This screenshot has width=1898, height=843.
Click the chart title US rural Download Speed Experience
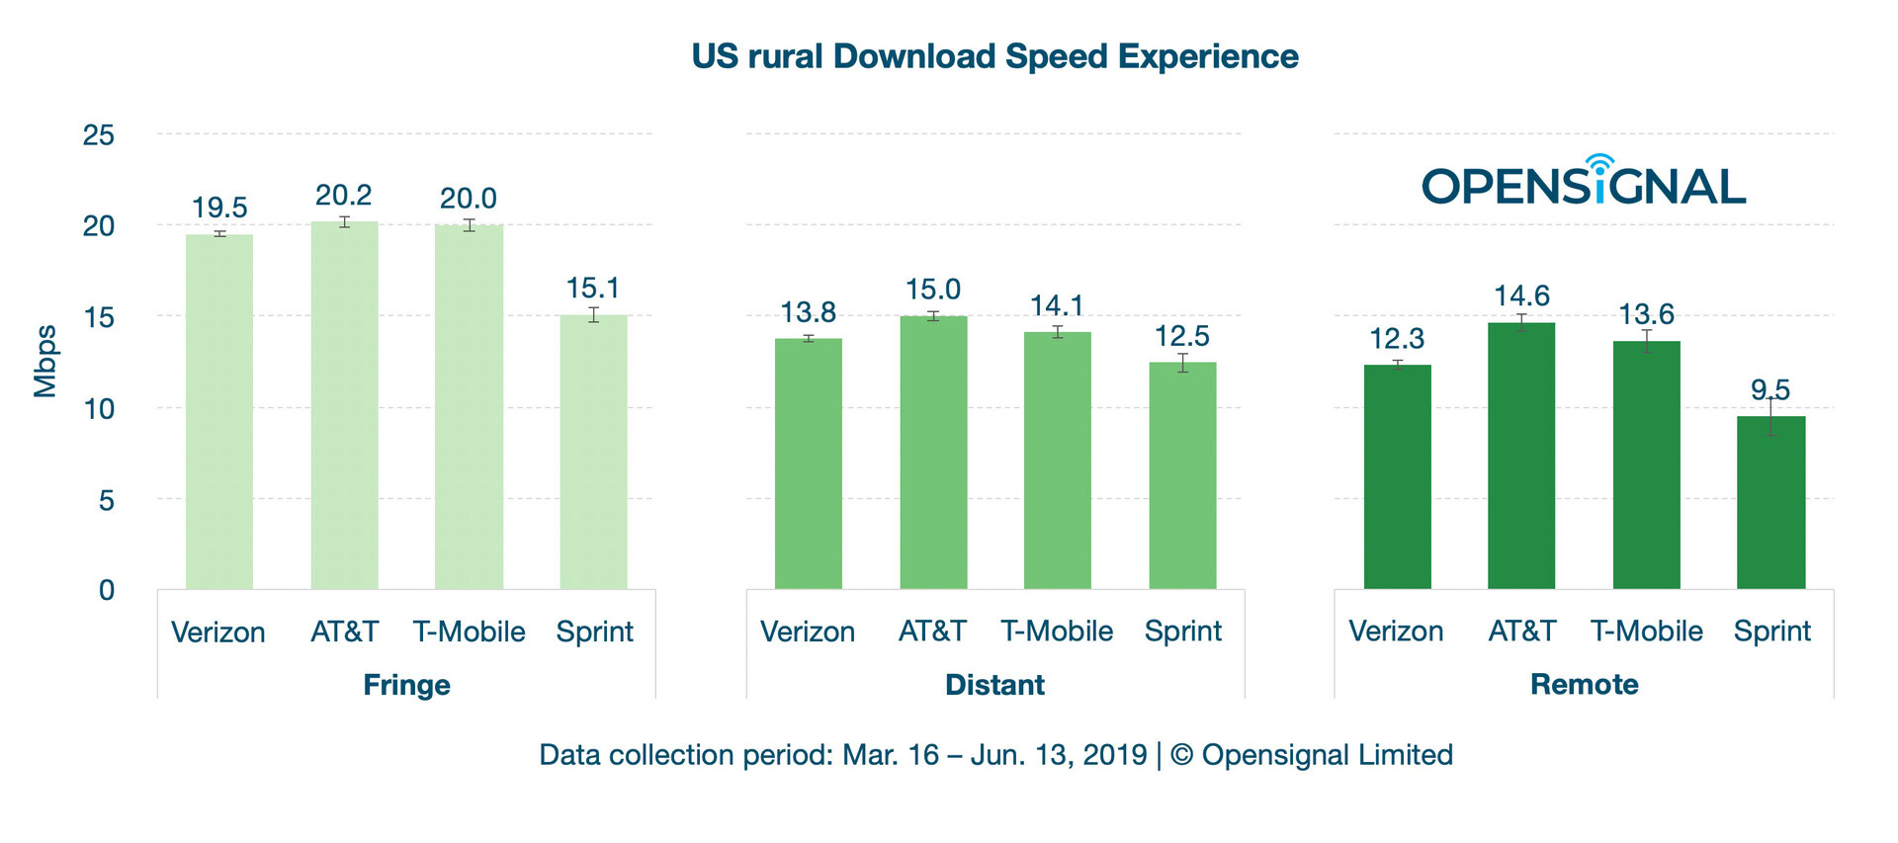pyautogui.click(x=994, y=56)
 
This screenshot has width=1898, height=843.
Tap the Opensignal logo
pyautogui.click(x=1584, y=183)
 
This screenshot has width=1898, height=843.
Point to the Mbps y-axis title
pyautogui.click(x=45, y=362)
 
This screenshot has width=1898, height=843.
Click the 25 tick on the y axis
pyautogui.click(x=99, y=135)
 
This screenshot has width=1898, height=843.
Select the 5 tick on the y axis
pyautogui.click(x=106, y=500)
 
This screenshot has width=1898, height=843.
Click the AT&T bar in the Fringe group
pyautogui.click(x=344, y=405)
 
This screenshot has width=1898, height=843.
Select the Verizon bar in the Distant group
pyautogui.click(x=808, y=464)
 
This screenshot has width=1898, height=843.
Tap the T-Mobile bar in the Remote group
pyautogui.click(x=1646, y=464)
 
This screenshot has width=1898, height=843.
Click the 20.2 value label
pyautogui.click(x=343, y=196)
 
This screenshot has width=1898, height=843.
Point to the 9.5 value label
pyautogui.click(x=1770, y=389)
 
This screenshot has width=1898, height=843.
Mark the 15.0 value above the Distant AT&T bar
pyautogui.click(x=932, y=290)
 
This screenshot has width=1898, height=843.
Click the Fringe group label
pyautogui.click(x=406, y=685)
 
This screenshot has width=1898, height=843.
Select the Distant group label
pyautogui.click(x=994, y=685)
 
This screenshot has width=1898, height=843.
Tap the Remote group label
pyautogui.click(x=1584, y=684)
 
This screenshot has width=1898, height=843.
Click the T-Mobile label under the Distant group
pyautogui.click(x=1057, y=632)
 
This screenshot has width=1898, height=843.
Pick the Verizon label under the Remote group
pyautogui.click(x=1396, y=632)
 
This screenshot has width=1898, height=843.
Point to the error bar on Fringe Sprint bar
pyautogui.click(x=593, y=315)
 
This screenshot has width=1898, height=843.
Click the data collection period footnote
pyautogui.click(x=994, y=755)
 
